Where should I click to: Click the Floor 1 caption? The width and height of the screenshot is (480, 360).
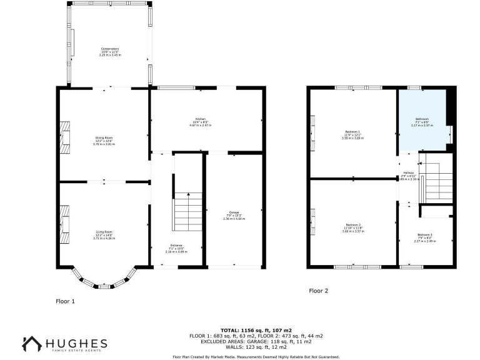click(65, 301)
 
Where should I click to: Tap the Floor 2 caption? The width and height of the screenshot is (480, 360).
click(318, 291)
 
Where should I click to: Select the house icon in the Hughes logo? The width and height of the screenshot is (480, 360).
click(31, 344)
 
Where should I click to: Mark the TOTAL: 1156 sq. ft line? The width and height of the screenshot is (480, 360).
click(256, 329)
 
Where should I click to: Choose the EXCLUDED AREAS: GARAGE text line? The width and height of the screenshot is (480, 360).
click(256, 341)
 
